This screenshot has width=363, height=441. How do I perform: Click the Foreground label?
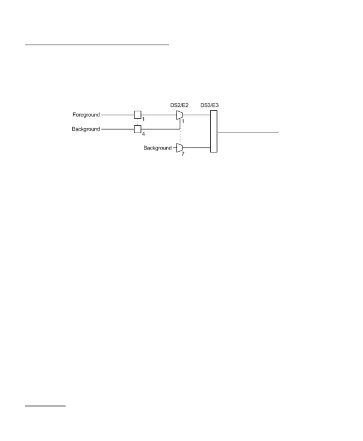pos(86,115)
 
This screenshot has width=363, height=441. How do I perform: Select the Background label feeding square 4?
pos(86,129)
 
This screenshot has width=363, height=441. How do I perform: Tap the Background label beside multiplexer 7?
pos(157,148)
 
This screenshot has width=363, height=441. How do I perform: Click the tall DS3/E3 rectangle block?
pos(214,132)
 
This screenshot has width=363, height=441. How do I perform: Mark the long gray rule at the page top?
pos(97,45)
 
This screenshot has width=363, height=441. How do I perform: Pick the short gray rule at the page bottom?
pos(45,406)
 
